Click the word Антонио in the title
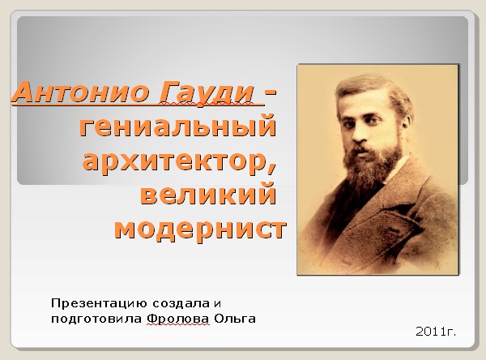(80, 92)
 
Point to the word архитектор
(176, 161)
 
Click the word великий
(208, 193)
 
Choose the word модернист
(200, 229)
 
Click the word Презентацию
(99, 303)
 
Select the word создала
(181, 303)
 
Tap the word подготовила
(96, 319)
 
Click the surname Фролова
(178, 319)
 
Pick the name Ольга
(235, 319)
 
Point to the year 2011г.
(436, 332)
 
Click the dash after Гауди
(271, 92)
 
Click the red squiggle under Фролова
(178, 324)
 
